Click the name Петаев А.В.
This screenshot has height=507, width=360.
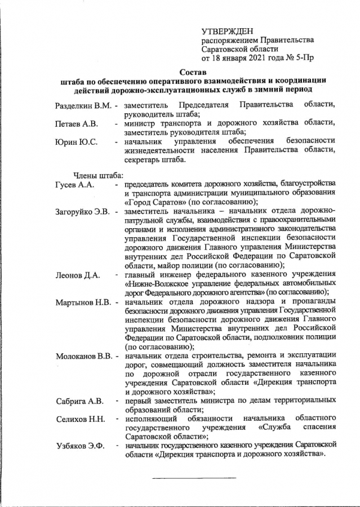(77, 124)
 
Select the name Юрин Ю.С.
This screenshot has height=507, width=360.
(77, 141)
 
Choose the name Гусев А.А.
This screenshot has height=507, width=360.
(75, 185)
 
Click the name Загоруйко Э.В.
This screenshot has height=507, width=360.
(83, 212)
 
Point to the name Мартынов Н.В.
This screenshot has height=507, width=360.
(83, 302)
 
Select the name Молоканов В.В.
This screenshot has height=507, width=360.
(85, 356)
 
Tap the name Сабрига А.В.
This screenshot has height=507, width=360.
(79, 401)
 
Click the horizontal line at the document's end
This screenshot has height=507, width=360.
(194, 478)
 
